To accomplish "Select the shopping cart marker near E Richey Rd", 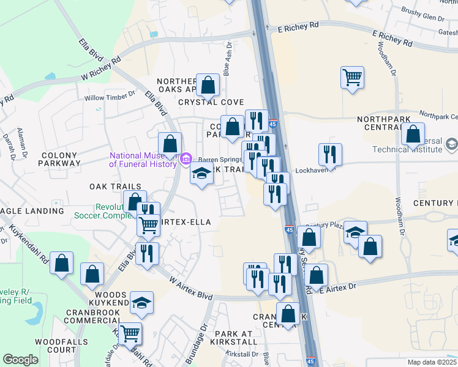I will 352,78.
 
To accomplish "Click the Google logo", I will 20,360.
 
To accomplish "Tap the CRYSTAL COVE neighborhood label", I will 211,102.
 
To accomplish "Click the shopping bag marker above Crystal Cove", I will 208,84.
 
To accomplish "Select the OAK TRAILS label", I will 115,187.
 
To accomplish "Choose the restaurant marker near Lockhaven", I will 331,155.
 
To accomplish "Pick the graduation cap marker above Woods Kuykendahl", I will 141,302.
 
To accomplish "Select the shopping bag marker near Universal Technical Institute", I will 413,134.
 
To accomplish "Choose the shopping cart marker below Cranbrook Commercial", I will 130,333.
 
